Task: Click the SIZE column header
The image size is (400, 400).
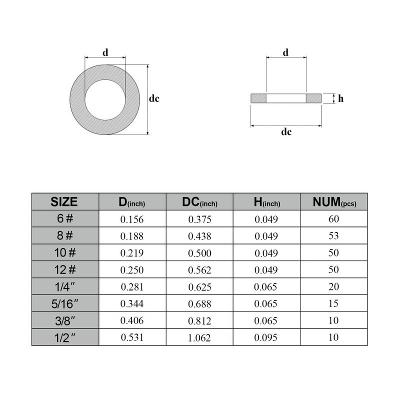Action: coord(64,201)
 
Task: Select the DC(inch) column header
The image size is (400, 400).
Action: coord(199,202)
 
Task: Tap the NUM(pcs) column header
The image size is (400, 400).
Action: coord(333,202)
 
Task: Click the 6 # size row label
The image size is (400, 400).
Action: coord(64,218)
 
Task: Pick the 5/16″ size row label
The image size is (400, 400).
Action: coord(64,303)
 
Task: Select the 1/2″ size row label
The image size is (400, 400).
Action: coord(64,337)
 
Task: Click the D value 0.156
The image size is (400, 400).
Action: coord(132,219)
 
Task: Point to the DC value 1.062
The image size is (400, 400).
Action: coord(199,337)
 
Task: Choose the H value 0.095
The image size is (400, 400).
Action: coord(266,337)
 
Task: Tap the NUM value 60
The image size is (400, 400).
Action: coord(333,219)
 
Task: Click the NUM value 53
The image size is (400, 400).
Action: coord(333,236)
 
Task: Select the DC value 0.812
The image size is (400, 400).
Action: coord(199,320)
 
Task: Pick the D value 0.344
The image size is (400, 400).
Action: coord(132,303)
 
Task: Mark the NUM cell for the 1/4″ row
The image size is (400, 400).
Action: coord(333,286)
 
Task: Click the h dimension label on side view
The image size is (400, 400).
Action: coord(340,98)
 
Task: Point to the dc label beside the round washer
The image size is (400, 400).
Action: coord(154,99)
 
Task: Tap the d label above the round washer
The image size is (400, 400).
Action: coord(105,52)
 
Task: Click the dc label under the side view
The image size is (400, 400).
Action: coord(286,132)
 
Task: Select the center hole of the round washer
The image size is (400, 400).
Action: coord(105,99)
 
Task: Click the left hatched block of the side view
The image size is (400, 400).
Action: coord(258,98)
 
